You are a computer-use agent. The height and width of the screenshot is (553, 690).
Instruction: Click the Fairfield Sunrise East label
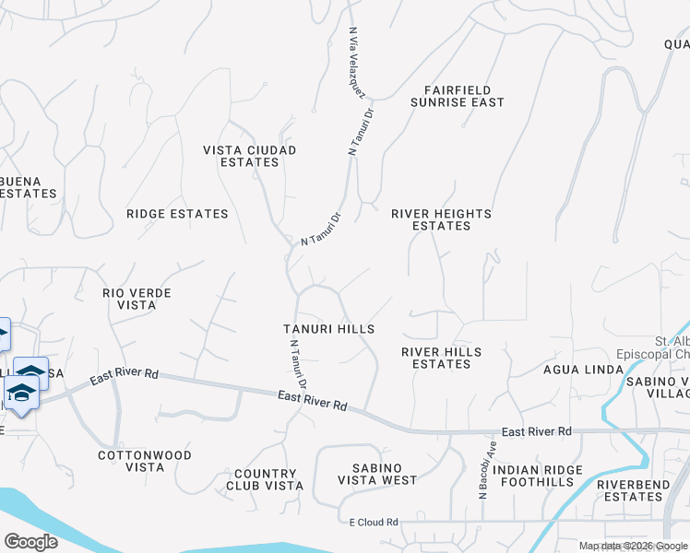(x=464, y=96)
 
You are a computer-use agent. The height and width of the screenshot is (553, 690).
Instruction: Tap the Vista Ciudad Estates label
(x=250, y=156)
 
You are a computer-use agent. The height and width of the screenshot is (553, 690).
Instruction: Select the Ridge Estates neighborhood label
(x=177, y=214)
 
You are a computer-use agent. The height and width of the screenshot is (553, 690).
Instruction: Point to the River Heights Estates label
(x=441, y=219)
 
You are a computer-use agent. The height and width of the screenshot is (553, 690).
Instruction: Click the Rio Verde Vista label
(x=137, y=299)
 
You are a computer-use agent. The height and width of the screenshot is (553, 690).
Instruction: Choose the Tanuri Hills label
(x=328, y=329)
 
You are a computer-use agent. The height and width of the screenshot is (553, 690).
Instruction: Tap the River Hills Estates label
(x=441, y=358)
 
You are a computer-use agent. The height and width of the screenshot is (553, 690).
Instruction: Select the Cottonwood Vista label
(x=145, y=461)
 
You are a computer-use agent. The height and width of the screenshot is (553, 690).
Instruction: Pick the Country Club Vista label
(x=265, y=479)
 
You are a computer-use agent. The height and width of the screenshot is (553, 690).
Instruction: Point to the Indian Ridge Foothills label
(x=538, y=477)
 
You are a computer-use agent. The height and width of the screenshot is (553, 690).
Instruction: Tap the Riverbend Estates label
(x=630, y=490)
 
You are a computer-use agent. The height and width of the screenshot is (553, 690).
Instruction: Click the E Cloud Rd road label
(x=374, y=523)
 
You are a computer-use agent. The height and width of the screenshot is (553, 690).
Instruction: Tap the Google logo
(x=30, y=542)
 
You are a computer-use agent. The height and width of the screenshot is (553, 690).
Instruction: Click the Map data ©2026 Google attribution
(x=633, y=546)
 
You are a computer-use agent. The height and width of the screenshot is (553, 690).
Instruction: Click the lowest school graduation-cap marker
(x=21, y=394)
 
